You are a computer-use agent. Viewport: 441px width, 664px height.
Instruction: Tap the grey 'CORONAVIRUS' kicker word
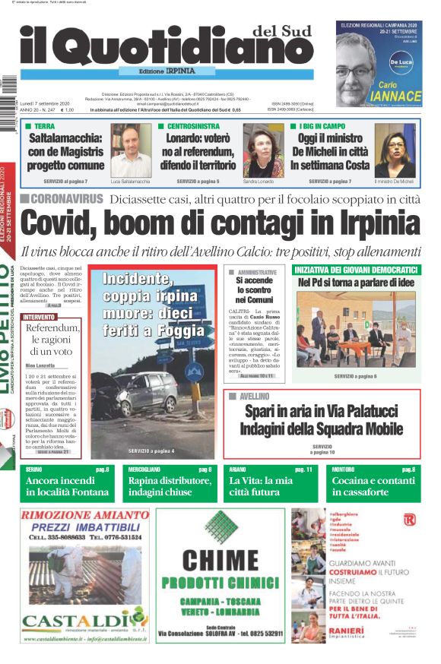tap(67, 198)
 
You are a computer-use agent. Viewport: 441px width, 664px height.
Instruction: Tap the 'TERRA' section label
tap(43, 125)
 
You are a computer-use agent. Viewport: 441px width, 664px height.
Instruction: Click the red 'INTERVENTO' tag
tap(40, 316)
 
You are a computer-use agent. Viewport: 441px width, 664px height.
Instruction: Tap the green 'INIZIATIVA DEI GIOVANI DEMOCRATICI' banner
tap(356, 270)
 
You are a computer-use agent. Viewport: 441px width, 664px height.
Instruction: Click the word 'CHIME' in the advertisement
tap(220, 560)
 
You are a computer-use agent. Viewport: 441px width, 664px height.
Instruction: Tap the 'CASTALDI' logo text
tap(71, 618)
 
